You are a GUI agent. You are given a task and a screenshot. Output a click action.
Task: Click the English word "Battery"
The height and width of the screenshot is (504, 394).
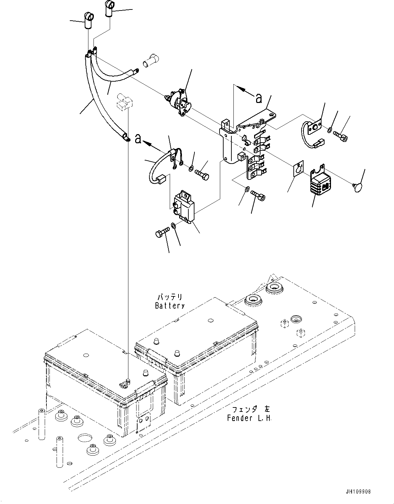pyautogui.click(x=170, y=306)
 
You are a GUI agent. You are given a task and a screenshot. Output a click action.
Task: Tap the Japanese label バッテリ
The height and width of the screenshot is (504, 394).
pyautogui.click(x=170, y=297)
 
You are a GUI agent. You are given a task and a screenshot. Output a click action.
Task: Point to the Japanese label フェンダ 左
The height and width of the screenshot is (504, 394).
pyautogui.click(x=249, y=409)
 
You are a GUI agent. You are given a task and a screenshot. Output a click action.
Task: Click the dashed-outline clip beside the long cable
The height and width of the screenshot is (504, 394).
pyautogui.click(x=124, y=102)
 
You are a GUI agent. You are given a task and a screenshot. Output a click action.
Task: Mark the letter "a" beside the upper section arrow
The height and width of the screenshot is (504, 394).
pyautogui.click(x=258, y=98)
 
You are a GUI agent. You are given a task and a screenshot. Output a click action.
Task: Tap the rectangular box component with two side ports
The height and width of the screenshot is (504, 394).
pyautogui.click(x=183, y=206)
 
